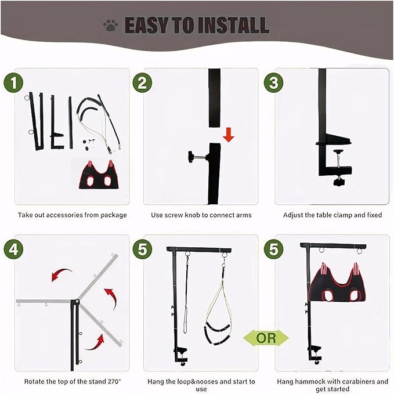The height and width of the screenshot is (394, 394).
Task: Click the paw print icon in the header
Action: [110, 25]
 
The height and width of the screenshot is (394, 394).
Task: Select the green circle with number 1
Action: [16, 83]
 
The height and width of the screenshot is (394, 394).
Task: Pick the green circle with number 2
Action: [142, 83]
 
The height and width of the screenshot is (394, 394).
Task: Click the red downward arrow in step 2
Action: [229, 135]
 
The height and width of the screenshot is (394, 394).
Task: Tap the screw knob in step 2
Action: [191, 156]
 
